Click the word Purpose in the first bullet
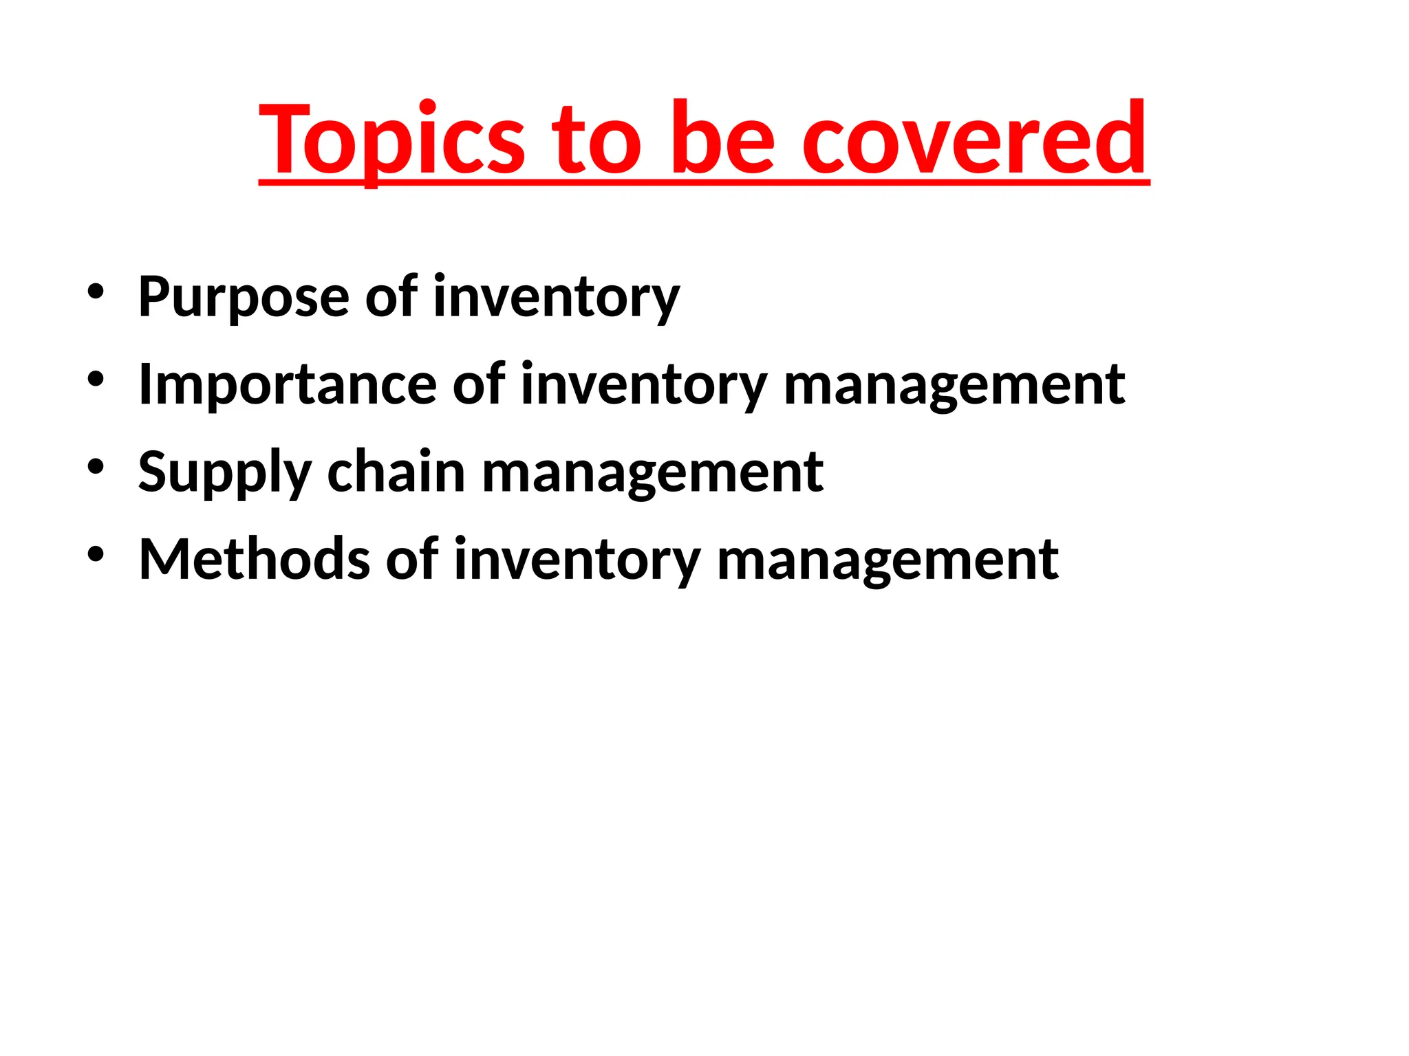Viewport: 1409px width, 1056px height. click(x=244, y=297)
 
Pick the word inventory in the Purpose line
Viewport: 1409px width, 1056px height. click(x=556, y=297)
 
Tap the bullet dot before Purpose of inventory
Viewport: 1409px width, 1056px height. click(x=96, y=291)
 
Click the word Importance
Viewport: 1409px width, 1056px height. click(x=287, y=384)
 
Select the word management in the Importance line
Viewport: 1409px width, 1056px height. click(x=954, y=384)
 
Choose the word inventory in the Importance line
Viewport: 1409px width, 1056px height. click(x=643, y=384)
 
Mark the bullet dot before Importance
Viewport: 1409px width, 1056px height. click(x=96, y=379)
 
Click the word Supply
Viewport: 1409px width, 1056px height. click(x=225, y=472)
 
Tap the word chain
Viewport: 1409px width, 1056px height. click(x=396, y=472)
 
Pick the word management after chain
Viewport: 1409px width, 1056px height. click(x=652, y=472)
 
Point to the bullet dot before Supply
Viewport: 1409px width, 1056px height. click(x=96, y=467)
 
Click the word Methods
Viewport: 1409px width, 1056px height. click(x=254, y=560)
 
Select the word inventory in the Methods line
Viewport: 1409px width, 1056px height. click(x=577, y=560)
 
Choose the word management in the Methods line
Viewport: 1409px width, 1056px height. click(x=887, y=560)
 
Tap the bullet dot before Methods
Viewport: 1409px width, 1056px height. click(x=96, y=554)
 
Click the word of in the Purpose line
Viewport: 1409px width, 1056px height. click(x=391, y=297)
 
